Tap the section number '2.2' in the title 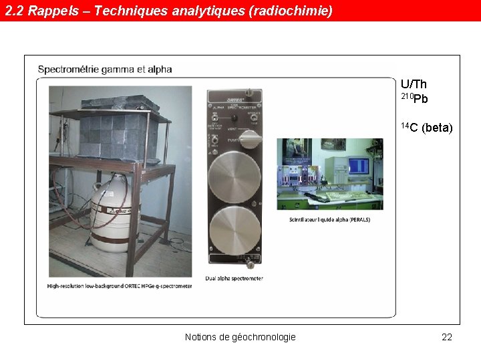coord(15,11)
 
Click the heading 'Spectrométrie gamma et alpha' coord(105,69)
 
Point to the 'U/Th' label coord(414,84)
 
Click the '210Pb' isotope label coord(414,99)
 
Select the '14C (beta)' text coord(426,128)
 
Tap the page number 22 coord(447,337)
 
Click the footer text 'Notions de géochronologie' coord(240,337)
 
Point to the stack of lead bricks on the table coord(119,134)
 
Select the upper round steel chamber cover coord(234,176)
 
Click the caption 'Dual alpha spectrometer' coord(234,278)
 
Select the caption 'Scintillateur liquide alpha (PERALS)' coord(330,219)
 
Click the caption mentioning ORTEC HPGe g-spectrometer coord(120,286)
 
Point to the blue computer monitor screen coord(359,165)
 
